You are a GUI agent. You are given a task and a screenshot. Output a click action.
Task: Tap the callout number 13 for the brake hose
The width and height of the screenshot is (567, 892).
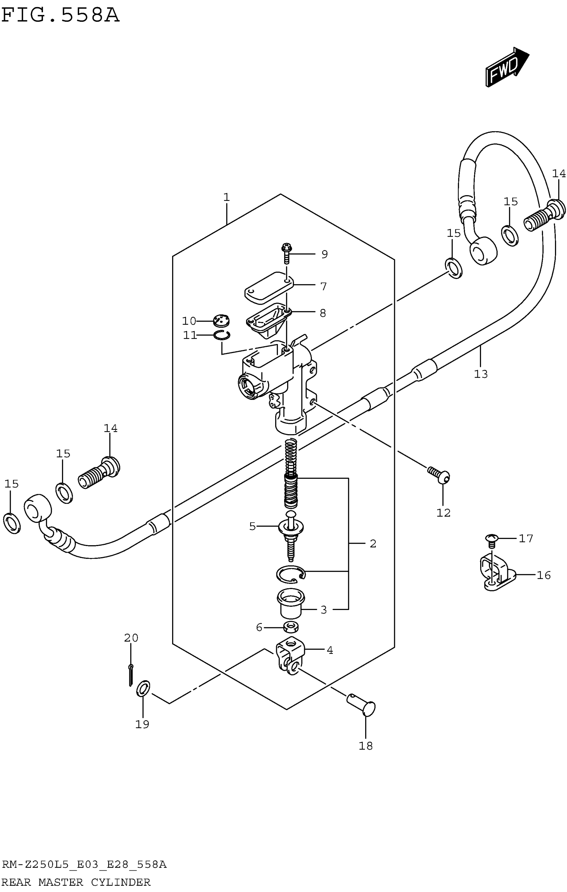click(481, 374)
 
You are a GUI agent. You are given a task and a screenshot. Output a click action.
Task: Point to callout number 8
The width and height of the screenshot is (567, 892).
click(323, 313)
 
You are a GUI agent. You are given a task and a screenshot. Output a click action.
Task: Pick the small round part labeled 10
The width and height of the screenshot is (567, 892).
click(221, 320)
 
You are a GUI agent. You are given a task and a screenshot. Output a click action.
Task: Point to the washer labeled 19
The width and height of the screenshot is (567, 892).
click(143, 688)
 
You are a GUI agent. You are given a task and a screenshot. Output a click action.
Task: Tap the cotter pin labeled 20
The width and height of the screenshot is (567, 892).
click(131, 675)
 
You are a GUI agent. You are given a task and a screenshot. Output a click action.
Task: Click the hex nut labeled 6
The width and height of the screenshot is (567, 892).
click(291, 627)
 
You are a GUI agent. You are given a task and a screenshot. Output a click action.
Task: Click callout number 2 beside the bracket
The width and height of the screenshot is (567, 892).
click(373, 544)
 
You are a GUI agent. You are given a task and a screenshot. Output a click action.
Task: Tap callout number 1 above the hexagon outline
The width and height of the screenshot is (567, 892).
click(226, 198)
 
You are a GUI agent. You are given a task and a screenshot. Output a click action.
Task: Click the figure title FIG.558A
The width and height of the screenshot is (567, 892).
click(60, 16)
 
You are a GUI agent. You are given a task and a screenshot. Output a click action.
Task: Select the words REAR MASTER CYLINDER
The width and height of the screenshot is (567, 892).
click(76, 882)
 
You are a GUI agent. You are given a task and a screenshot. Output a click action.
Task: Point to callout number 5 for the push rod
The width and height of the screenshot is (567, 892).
click(252, 526)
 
